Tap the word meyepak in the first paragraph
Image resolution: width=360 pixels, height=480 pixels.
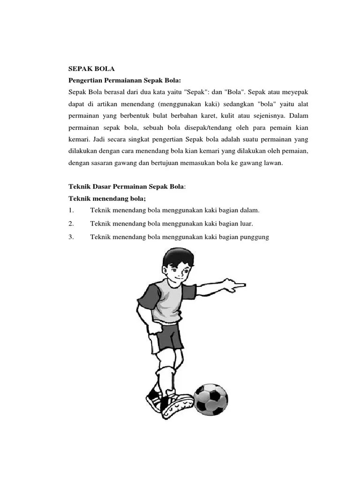click(294, 91)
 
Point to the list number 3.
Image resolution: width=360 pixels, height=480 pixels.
click(71, 237)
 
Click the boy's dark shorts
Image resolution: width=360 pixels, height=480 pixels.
click(167, 339)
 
